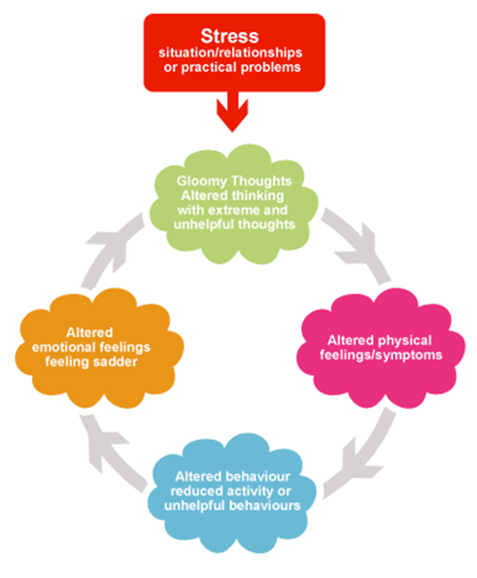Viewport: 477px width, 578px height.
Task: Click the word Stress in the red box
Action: click(x=229, y=36)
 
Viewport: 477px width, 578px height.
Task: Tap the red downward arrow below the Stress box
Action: click(x=232, y=112)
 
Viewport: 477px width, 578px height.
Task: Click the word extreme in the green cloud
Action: click(x=235, y=210)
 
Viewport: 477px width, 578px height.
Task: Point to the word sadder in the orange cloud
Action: click(x=115, y=362)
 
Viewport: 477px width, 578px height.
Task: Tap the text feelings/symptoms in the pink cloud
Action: click(x=381, y=355)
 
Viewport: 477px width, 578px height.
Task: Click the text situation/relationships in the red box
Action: click(x=230, y=53)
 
